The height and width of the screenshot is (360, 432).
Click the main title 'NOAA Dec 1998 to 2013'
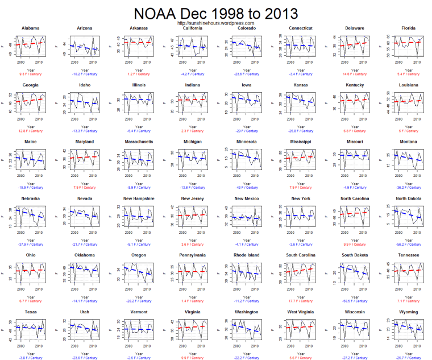pyautogui.click(x=215, y=13)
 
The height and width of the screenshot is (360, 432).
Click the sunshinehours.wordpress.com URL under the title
pyautogui.click(x=215, y=23)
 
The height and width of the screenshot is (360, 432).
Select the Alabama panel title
pyautogui.click(x=30, y=28)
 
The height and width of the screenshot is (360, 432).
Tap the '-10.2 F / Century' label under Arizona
pyautogui.click(x=85, y=74)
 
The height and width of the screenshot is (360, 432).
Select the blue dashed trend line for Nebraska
pyautogui.click(x=30, y=214)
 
